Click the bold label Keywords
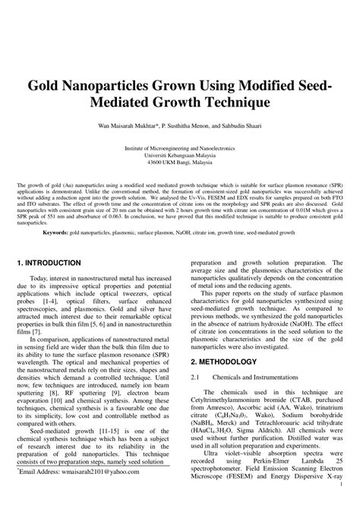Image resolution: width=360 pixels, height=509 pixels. pos(56,232)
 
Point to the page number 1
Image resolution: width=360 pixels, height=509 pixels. pos(343,502)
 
